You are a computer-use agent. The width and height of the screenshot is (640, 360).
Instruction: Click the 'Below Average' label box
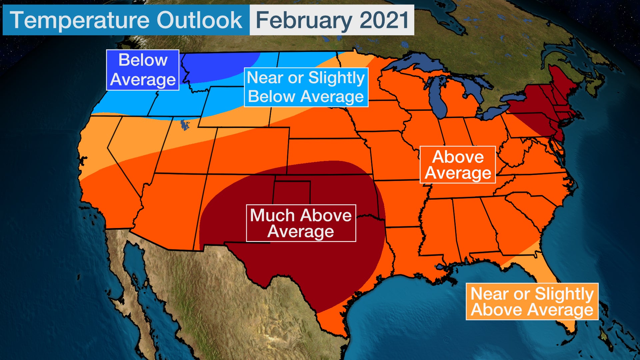point(143,70)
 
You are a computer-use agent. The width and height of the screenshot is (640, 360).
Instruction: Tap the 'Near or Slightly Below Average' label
point(306,87)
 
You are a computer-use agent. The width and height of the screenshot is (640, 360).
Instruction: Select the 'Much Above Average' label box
point(301,223)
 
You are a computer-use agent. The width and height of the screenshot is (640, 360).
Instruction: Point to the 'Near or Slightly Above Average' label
point(532,302)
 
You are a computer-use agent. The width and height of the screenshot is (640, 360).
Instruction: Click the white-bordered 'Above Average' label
point(458,165)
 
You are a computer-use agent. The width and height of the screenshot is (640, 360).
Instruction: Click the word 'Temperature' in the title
point(80,20)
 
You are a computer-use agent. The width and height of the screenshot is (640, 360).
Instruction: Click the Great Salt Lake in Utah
point(184,125)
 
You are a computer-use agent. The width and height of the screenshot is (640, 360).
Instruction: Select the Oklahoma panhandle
point(292,187)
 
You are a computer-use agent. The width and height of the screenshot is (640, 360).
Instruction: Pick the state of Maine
point(563,80)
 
